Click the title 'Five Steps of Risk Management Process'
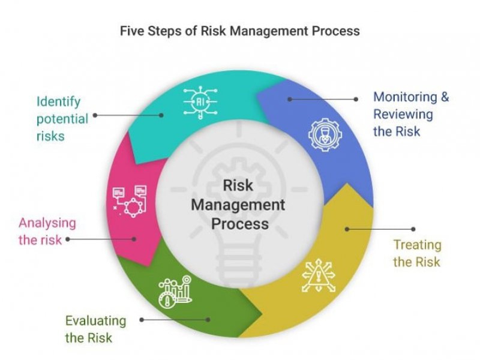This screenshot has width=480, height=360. (239, 31)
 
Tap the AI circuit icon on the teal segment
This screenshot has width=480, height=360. (200, 102)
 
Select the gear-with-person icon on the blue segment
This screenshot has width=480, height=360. (325, 135)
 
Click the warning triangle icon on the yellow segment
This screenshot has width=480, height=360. (319, 275)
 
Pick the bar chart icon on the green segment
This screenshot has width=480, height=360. (175, 291)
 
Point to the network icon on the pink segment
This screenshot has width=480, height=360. (130, 201)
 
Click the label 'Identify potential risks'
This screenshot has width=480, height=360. (62, 119)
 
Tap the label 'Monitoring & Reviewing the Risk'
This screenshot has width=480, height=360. (411, 114)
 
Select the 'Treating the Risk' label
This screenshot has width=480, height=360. (417, 253)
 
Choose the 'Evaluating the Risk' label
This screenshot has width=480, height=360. (95, 329)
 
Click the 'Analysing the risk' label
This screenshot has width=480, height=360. (47, 232)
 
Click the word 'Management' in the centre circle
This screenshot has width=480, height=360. (238, 205)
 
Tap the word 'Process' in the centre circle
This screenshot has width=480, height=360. (240, 224)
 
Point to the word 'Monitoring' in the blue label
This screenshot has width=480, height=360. (406, 97)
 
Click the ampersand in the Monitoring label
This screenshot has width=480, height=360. (445, 97)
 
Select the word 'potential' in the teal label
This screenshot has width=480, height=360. (62, 119)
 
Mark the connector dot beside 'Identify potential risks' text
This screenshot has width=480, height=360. (95, 115)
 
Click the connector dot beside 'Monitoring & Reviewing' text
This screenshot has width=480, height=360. (356, 99)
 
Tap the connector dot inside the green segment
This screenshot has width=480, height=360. (208, 320)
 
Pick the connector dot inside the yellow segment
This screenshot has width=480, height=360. (347, 229)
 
